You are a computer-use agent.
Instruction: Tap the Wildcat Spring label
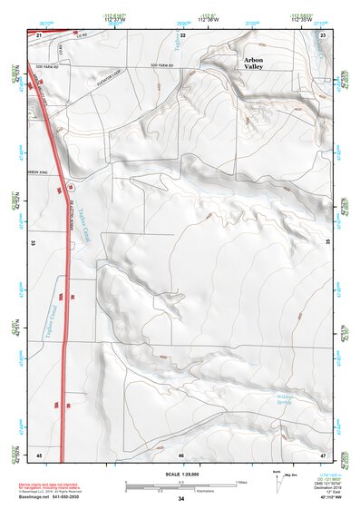(283, 399)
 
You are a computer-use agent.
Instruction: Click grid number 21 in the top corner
(39, 34)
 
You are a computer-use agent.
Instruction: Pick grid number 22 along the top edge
(182, 34)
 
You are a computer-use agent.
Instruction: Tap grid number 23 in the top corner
(324, 34)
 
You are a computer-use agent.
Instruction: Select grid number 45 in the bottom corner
(39, 454)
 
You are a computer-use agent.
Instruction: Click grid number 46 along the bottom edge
(181, 454)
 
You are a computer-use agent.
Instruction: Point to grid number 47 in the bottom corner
(324, 454)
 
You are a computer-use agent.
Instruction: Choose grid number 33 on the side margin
(33, 244)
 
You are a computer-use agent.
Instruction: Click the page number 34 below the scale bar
(181, 499)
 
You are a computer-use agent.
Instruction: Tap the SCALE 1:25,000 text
(181, 475)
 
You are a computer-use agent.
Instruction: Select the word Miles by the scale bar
(241, 482)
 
